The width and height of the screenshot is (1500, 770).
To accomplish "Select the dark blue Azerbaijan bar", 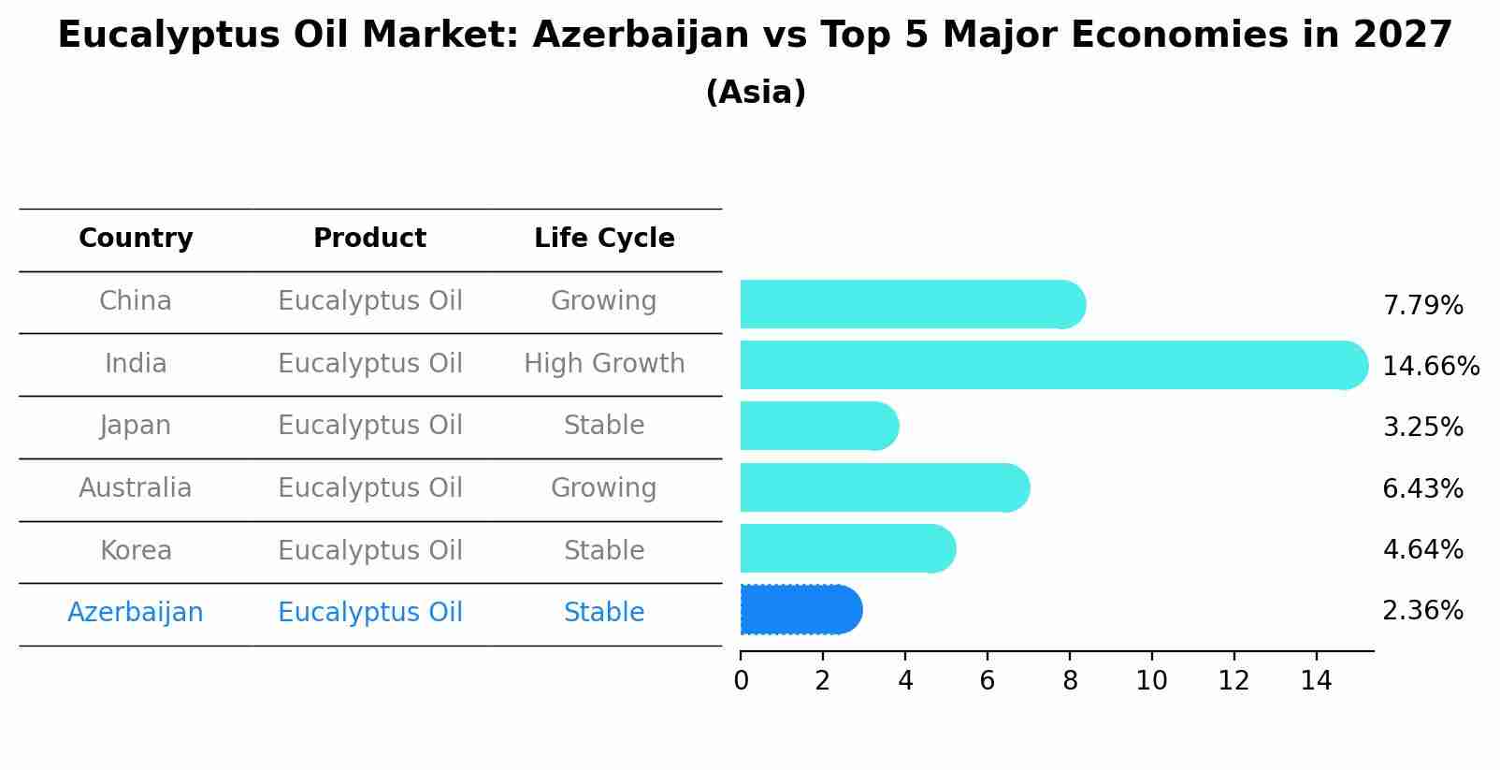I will click(800, 610).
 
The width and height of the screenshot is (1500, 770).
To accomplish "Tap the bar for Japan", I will click(819, 426).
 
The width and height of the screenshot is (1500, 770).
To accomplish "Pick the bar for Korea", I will click(847, 548).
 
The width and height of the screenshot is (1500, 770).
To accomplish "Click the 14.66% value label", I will click(1430, 366).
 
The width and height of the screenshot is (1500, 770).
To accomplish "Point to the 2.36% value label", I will click(1422, 611).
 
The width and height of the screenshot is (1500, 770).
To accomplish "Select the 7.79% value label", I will click(1422, 305).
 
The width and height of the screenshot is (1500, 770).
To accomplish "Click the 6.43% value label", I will click(1422, 488).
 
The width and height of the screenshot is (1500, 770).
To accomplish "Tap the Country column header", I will click(136, 239).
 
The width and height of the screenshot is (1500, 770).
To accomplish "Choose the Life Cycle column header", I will click(604, 239).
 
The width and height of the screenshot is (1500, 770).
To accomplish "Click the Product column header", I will click(369, 239).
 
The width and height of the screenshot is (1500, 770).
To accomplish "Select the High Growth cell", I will click(604, 363).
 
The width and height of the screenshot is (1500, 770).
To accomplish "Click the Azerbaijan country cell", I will click(136, 613).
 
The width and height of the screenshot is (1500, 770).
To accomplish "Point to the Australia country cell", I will click(136, 488).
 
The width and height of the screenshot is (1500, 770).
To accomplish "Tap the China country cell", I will click(136, 301).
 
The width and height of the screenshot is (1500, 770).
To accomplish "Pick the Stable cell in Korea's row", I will click(604, 550).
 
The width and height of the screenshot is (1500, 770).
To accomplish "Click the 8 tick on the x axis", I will click(1070, 680).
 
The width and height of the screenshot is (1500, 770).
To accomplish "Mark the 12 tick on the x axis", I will click(1233, 680).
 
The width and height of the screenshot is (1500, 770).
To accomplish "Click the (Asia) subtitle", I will click(756, 93).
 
